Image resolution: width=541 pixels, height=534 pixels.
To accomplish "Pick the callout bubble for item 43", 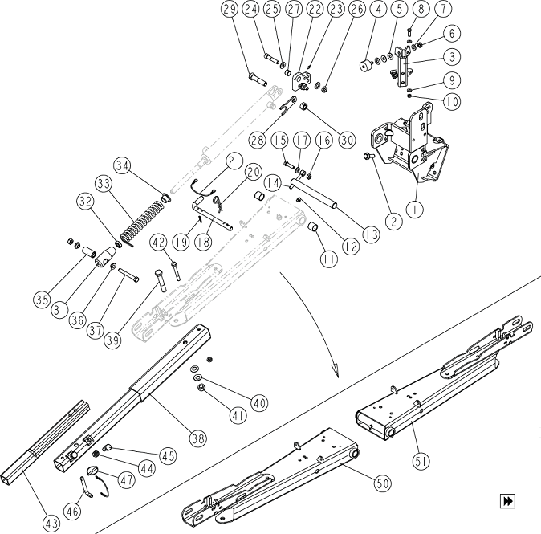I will click(51, 522).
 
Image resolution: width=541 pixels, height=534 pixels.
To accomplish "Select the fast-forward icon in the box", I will click(507, 501).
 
